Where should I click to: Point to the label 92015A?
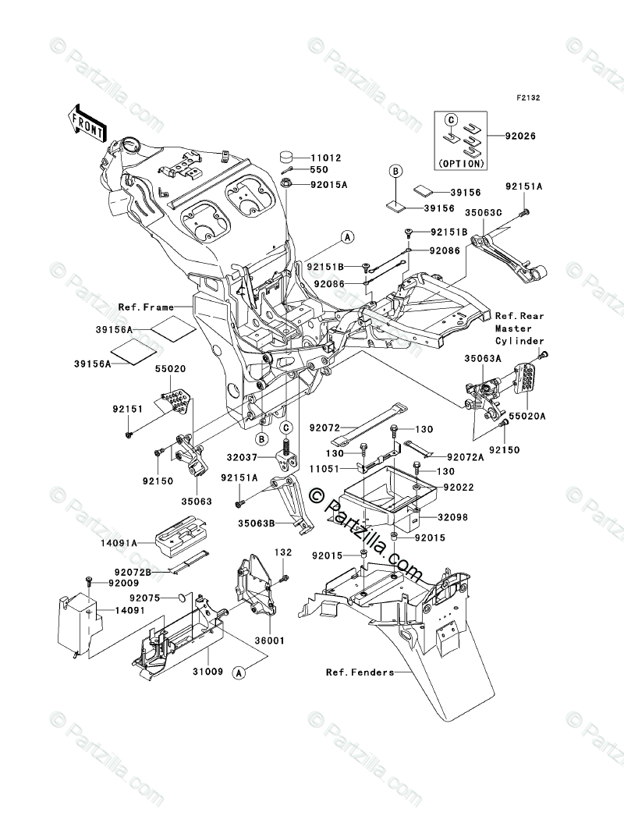(x=328, y=186)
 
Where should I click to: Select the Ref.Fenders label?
(x=360, y=672)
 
